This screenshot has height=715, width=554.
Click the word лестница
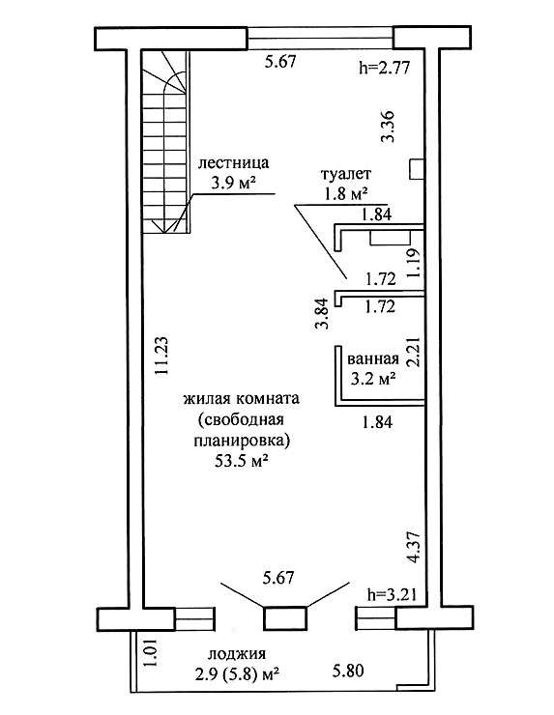tap(233, 162)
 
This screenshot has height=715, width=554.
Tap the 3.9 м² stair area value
tap(232, 183)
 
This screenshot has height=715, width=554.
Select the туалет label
tap(346, 174)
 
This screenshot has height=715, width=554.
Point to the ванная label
tap(373, 358)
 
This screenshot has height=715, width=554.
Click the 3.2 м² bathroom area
tap(373, 378)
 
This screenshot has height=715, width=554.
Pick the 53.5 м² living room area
tap(241, 461)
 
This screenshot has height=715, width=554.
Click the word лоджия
tap(237, 654)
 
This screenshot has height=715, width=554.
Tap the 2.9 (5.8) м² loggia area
tap(237, 674)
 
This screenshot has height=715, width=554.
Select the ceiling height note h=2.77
tap(384, 68)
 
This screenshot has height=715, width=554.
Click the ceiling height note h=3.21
tap(392, 594)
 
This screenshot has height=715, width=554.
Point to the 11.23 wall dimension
tap(161, 356)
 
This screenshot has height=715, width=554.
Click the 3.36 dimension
tap(389, 127)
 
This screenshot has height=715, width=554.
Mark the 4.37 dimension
tap(414, 547)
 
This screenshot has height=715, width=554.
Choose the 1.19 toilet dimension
tap(414, 263)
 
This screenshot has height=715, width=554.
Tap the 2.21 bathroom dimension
tap(414, 352)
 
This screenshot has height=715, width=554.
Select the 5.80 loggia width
tap(348, 671)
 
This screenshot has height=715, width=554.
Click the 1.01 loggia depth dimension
tap(152, 653)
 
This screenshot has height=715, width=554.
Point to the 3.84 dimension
tap(323, 313)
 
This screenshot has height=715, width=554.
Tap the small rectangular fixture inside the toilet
tap(390, 238)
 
